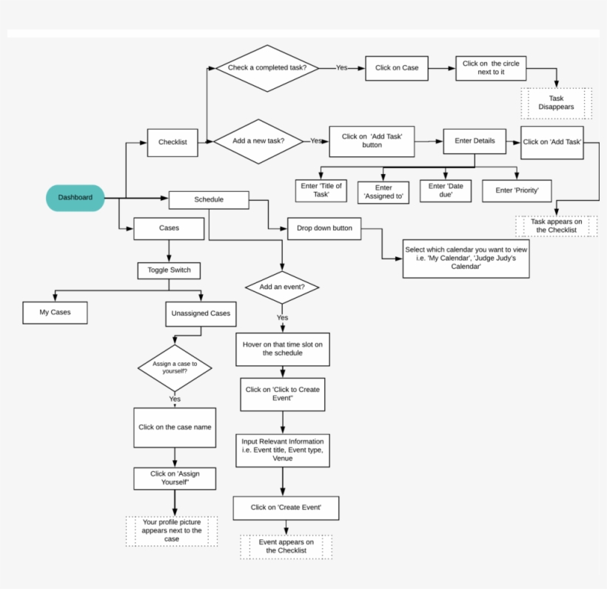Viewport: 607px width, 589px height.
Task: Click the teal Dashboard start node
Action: [x=75, y=197]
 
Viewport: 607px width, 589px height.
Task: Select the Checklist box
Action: [x=172, y=142]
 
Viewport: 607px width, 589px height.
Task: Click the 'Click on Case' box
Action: [x=397, y=68]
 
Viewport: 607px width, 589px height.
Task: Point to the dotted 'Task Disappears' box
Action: [x=556, y=102]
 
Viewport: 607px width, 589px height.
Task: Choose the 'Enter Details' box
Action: [x=474, y=141]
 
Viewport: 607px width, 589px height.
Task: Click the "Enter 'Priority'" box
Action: [x=517, y=190]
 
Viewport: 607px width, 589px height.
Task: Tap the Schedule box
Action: [x=209, y=199]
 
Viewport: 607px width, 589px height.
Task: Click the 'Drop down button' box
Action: [x=324, y=228]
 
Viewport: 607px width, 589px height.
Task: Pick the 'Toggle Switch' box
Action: [x=170, y=270]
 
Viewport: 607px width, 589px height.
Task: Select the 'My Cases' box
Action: [x=55, y=313]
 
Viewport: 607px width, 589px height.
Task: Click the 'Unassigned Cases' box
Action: [x=201, y=313]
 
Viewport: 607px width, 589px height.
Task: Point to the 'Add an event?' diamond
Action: [x=281, y=287]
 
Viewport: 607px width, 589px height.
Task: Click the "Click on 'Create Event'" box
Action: [x=285, y=508]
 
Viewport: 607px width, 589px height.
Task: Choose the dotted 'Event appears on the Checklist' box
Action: [x=286, y=547]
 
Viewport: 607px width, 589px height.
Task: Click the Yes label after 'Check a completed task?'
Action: [x=341, y=67]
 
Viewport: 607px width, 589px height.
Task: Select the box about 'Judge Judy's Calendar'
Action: [x=466, y=258]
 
